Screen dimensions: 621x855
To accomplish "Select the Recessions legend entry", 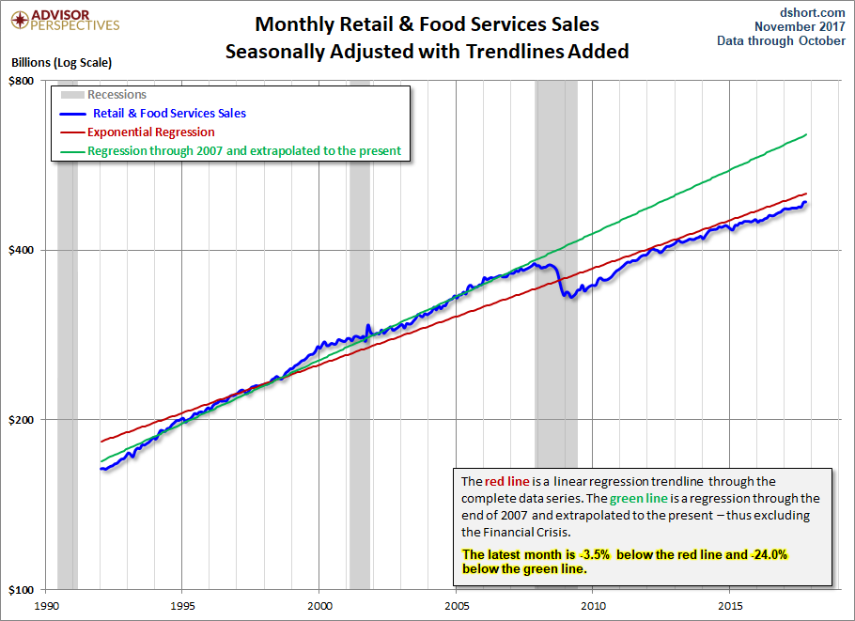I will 117,95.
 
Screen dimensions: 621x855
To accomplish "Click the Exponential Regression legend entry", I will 150,132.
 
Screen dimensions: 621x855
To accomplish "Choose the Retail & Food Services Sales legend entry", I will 169,114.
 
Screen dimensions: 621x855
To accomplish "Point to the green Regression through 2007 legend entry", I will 243,150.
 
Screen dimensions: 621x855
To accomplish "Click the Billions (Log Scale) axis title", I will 61,63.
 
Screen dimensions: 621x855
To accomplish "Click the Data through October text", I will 781,40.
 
